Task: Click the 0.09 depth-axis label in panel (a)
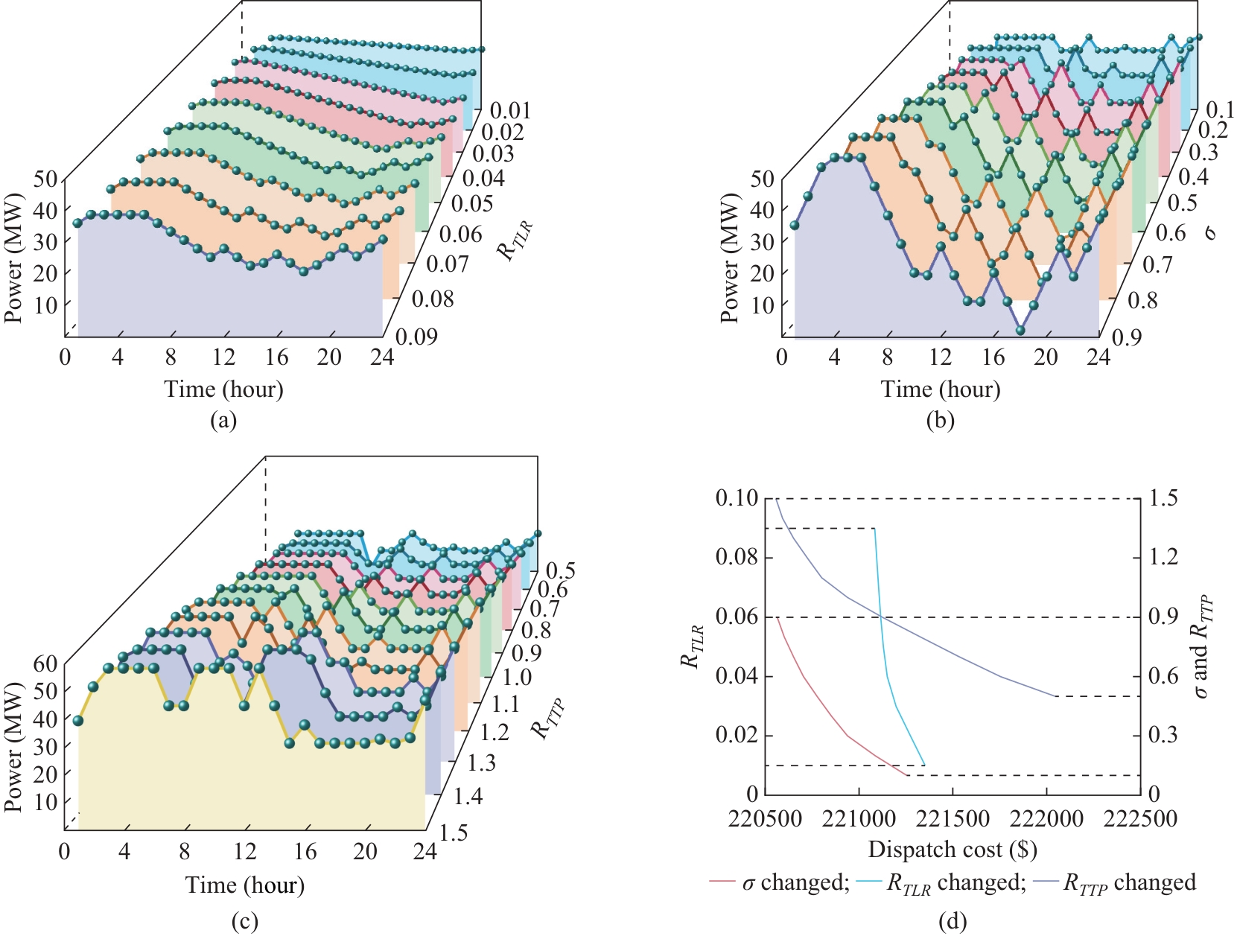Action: (416, 337)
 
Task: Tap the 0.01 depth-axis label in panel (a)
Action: (511, 111)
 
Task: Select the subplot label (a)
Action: (223, 421)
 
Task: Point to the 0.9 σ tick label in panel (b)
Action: (1127, 337)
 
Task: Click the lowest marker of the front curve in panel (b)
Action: (1020, 330)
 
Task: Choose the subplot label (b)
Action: (940, 421)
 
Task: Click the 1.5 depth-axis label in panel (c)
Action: (454, 832)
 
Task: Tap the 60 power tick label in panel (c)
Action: (45, 664)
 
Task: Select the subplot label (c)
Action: (245, 923)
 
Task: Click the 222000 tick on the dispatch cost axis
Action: (1047, 819)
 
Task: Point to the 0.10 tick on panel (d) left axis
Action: (737, 498)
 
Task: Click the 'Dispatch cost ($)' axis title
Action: (953, 850)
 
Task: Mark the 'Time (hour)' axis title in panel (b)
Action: (941, 389)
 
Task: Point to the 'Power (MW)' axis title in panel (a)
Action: (14, 258)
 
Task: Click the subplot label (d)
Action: (953, 923)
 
